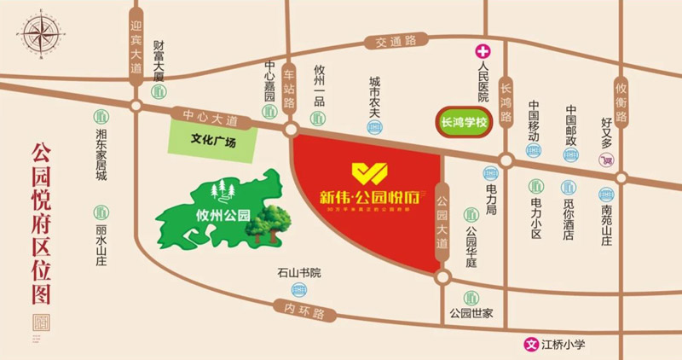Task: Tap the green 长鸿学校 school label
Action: (462, 122)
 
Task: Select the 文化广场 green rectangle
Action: (212, 138)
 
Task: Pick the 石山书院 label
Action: (298, 273)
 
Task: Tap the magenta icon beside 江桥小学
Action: (529, 345)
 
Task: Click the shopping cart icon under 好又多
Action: (607, 158)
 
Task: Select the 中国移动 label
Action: (535, 119)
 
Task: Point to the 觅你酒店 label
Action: (568, 218)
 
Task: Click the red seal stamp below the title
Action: (37, 325)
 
